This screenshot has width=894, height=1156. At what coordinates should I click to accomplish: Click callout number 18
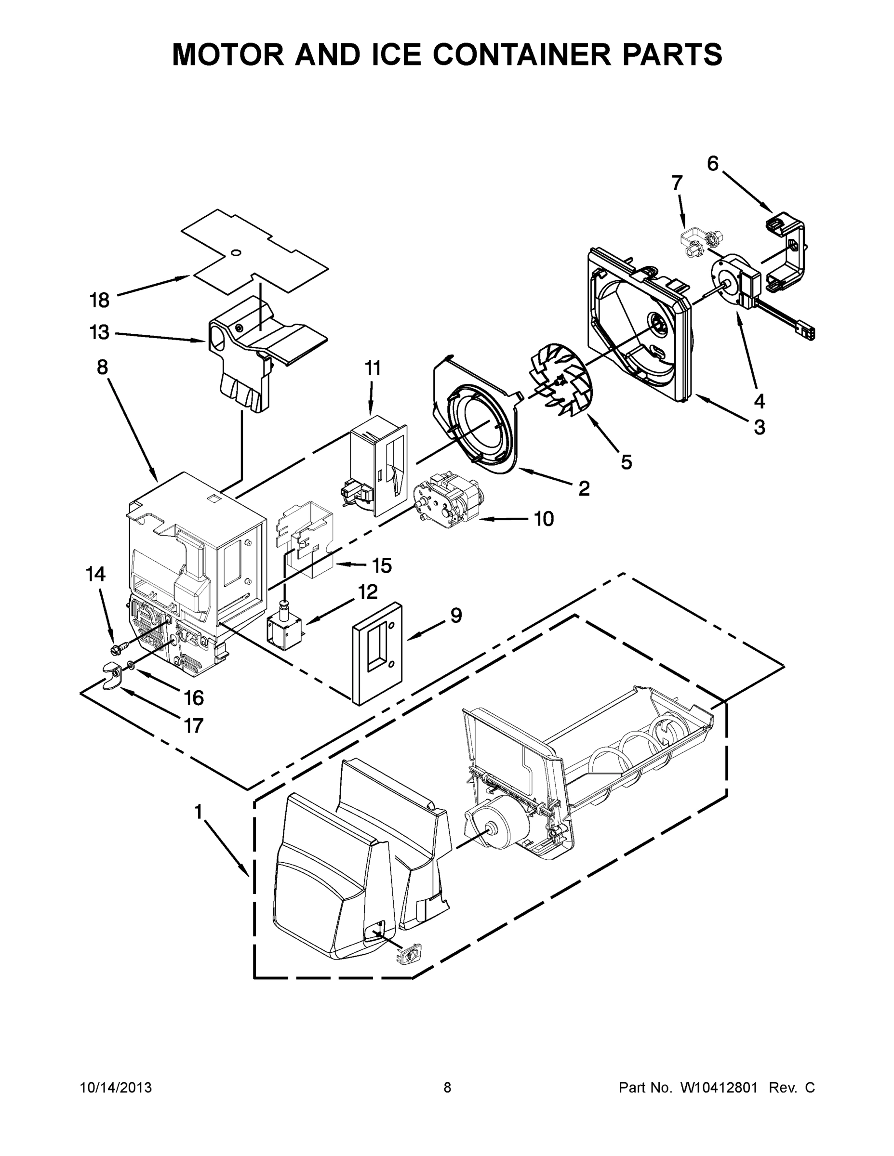(99, 300)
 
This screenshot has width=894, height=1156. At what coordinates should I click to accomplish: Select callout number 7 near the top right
(677, 183)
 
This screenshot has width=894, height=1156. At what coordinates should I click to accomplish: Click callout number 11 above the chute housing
(373, 368)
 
